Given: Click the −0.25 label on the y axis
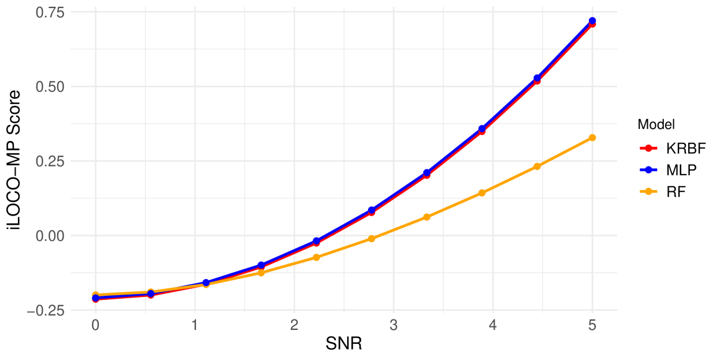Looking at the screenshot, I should [x=46, y=310].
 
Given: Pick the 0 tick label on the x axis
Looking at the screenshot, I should [x=95, y=325].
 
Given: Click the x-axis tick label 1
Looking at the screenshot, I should [x=195, y=325].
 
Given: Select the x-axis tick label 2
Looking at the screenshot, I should [x=294, y=325].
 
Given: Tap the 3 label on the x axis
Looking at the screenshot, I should [x=394, y=325].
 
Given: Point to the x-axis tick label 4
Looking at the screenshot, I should [x=493, y=325].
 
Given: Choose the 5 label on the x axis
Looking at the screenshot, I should [x=592, y=325].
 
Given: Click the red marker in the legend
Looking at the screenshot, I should [x=648, y=149].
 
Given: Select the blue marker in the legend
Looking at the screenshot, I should [x=648, y=170].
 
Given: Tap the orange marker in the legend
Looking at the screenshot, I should [x=648, y=191].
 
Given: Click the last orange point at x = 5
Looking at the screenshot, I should [x=592, y=138].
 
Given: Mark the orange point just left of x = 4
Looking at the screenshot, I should [x=482, y=193].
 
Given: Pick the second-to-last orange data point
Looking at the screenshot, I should [x=537, y=166].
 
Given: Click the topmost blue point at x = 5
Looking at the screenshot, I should [x=592, y=21].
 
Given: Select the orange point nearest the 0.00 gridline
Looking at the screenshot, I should [x=372, y=239].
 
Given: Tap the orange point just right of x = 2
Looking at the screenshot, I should [x=316, y=257].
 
